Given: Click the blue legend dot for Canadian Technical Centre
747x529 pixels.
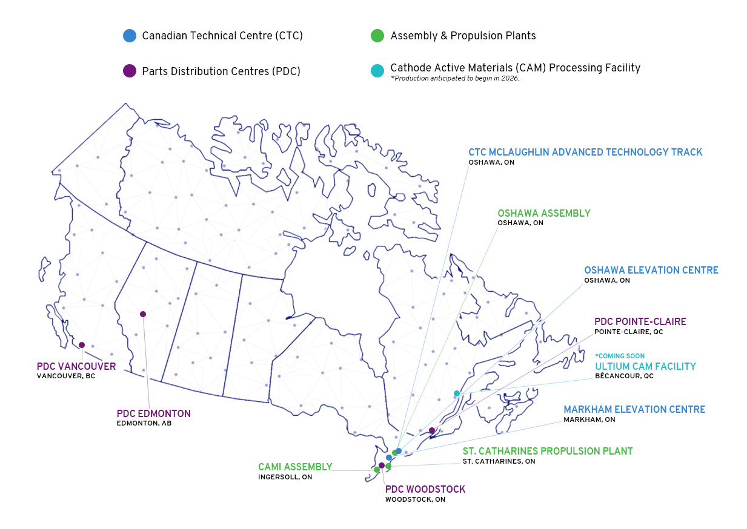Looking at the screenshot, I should tap(129, 36).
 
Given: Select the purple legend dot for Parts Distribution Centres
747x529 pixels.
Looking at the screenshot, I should tap(129, 71).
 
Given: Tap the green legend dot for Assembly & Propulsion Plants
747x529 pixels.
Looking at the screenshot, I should tap(377, 36).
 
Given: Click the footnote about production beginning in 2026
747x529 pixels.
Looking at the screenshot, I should tap(455, 78).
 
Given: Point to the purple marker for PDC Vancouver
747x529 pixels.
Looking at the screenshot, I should tap(82, 345).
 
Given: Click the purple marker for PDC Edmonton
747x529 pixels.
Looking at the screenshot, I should tap(143, 314).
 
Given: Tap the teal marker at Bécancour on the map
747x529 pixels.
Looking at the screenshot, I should tap(457, 393).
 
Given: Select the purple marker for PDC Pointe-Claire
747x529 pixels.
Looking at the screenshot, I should tap(432, 430).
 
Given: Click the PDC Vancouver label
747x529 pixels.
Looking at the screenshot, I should tap(76, 366).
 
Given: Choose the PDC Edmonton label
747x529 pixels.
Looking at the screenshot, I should tap(154, 413).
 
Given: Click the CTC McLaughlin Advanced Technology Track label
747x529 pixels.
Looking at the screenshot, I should tap(585, 152).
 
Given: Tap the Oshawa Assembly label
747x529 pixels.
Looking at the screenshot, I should tap(543, 213).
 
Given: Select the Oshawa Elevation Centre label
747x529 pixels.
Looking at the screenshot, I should tap(651, 270).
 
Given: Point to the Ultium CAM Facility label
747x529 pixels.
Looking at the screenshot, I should tap(645, 366).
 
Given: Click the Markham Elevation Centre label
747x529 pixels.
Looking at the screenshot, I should tap(634, 410).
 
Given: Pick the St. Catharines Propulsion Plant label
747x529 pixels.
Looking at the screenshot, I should tap(547, 451).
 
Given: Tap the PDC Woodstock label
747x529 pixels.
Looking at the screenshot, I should tap(425, 489).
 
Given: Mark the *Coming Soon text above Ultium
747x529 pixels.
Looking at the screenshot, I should tap(620, 356).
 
